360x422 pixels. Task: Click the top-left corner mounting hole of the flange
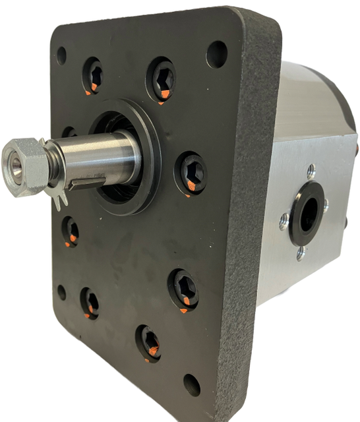click(x=62, y=55)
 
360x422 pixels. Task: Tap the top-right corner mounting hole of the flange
click(x=216, y=54)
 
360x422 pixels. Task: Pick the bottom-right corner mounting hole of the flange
click(x=191, y=384)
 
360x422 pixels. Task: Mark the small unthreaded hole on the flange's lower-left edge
click(x=62, y=291)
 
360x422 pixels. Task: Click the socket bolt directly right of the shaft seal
click(x=190, y=173)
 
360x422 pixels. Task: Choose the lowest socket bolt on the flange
click(x=149, y=342)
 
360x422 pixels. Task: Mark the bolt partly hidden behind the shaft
click(x=69, y=133)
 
